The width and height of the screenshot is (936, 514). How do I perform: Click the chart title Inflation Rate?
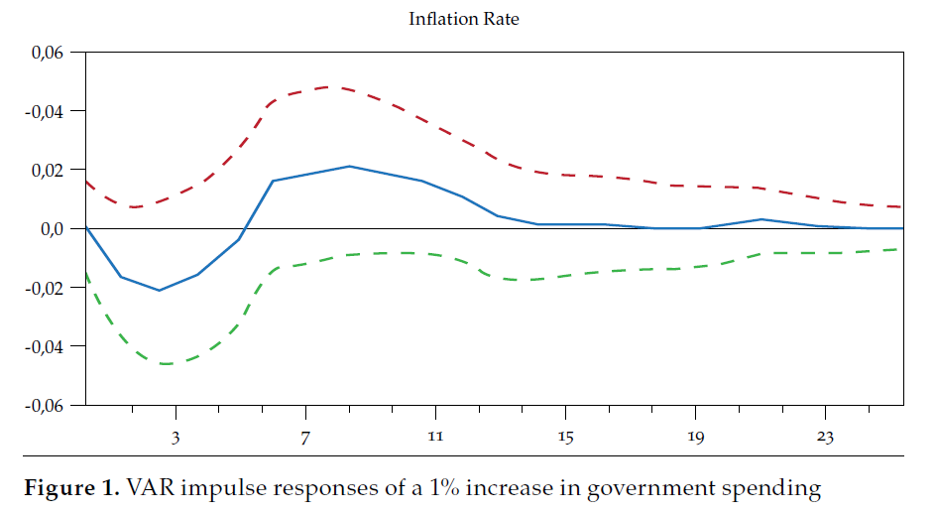(463, 19)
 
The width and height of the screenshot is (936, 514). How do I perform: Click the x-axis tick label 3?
(175, 438)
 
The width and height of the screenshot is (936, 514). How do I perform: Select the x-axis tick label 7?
(305, 438)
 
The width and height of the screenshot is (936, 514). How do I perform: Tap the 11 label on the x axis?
(434, 438)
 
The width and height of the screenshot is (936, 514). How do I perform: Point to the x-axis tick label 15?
(564, 438)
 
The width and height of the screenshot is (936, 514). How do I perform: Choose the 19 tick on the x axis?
(694, 438)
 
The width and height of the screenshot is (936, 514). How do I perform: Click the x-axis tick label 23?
(824, 438)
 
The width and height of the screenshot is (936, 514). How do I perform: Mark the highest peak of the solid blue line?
(349, 166)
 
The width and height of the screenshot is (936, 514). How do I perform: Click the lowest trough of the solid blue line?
(159, 291)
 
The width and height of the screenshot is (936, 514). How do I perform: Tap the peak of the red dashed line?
(328, 86)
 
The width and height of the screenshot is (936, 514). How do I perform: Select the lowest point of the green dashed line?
(165, 364)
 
